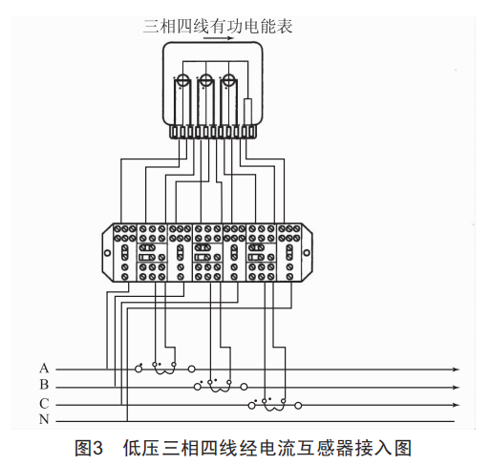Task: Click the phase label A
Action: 44,368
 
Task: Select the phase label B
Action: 44,385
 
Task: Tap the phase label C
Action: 44,404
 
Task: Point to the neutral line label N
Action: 44,419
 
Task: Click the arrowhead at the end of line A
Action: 457,370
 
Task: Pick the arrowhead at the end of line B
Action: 457,388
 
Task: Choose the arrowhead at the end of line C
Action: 457,405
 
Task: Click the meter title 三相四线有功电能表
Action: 218,26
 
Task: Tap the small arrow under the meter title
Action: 219,39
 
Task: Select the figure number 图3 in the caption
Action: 89,448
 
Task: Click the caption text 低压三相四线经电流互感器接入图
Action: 267,448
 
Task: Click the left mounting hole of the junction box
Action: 107,253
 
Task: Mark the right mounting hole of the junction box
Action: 307,253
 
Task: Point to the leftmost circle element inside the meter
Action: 183,79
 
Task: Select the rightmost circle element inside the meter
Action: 228,79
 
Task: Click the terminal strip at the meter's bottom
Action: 213,132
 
